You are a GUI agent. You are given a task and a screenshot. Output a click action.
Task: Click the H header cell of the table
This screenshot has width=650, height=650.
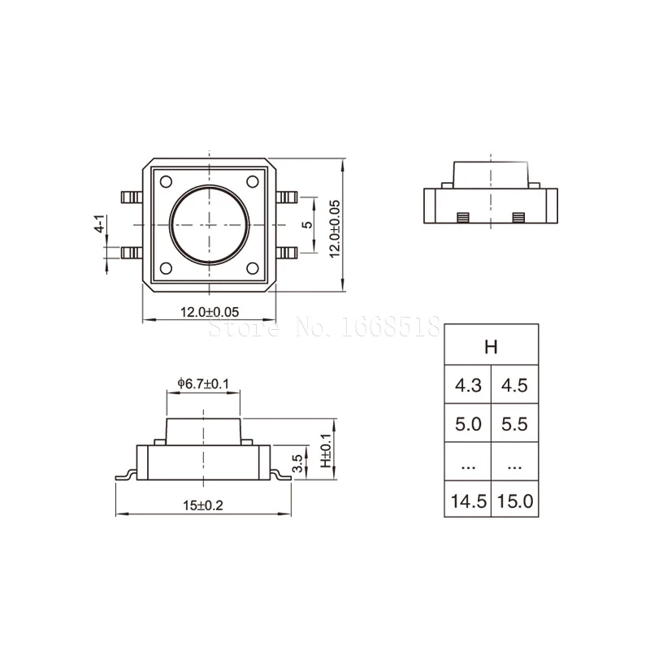tap(492, 344)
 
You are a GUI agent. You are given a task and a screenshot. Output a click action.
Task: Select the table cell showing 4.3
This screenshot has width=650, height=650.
tap(468, 384)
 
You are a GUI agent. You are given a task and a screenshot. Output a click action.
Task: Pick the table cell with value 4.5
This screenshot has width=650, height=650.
tap(515, 384)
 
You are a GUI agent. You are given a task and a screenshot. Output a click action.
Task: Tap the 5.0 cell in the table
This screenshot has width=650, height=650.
tap(468, 423)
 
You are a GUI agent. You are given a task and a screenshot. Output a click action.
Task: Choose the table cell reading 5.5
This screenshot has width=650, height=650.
tap(515, 423)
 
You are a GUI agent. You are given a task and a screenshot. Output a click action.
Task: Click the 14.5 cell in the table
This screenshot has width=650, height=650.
tap(468, 500)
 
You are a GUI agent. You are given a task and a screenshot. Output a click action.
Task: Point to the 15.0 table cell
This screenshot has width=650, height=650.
tap(515, 500)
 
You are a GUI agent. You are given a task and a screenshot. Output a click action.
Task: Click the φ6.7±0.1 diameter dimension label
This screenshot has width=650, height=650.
tap(203, 383)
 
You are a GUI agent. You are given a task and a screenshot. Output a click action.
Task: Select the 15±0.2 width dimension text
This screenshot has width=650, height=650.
tap(203, 505)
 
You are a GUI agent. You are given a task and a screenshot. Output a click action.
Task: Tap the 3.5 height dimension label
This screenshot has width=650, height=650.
tap(297, 463)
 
